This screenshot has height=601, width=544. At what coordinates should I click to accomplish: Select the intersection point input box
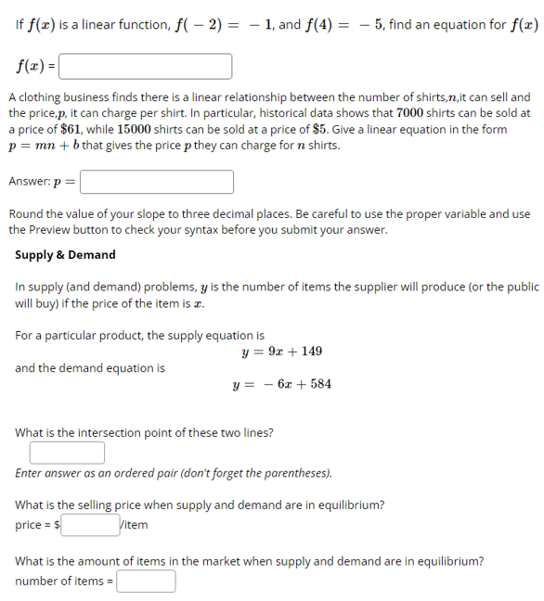tap(67, 453)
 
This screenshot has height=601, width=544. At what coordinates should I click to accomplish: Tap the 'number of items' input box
tap(146, 582)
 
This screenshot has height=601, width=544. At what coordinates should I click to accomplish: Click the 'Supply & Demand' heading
tap(66, 255)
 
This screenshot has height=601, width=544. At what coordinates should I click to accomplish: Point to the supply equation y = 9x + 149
tap(281, 352)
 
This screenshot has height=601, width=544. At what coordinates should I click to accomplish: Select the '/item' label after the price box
tap(133, 525)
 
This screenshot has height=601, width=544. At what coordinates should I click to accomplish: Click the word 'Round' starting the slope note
tap(25, 213)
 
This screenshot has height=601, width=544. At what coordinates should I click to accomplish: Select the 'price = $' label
tap(38, 525)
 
